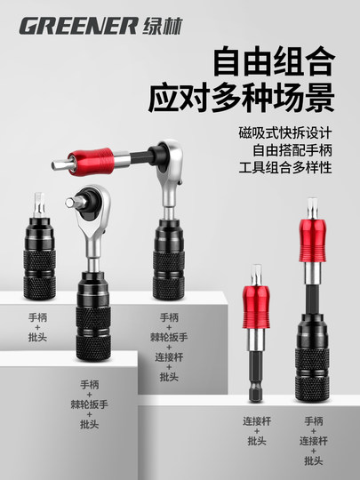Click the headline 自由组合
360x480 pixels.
click(273, 65)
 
